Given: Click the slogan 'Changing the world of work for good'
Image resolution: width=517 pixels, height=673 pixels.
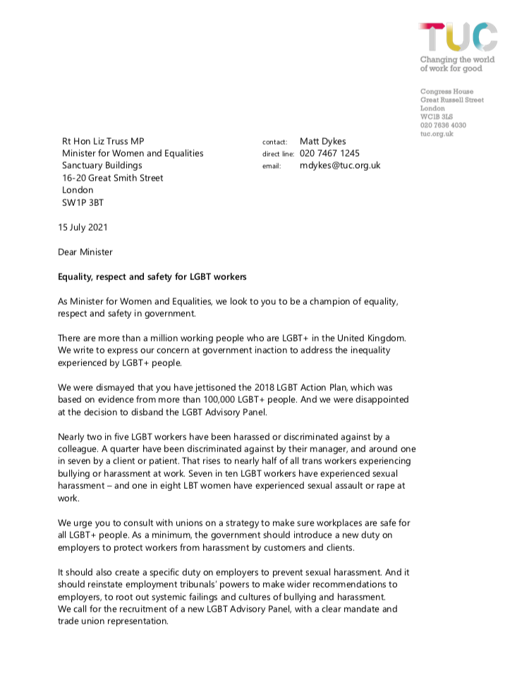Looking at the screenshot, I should pos(457,64).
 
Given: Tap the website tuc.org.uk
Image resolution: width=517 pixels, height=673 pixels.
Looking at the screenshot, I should pos(437,134).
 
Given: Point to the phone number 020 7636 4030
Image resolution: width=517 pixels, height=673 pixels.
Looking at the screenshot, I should pos(443,126).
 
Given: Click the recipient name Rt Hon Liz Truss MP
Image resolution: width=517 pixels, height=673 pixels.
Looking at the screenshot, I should pos(107,141).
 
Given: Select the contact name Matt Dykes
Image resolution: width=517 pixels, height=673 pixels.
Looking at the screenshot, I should pos(323,141).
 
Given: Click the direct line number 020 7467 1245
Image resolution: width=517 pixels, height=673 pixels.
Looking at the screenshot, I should pos(330,153).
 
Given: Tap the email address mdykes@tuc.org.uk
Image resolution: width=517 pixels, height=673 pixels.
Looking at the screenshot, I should pos(341,165).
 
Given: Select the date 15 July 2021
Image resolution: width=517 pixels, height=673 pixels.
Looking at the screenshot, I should pos(83,227).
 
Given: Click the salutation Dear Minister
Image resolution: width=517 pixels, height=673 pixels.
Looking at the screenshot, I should pos(85,252).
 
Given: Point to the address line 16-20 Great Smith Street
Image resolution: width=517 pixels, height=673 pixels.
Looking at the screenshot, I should pos(113,178).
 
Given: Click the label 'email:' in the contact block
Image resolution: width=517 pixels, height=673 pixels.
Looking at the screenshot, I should pos(272,166).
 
